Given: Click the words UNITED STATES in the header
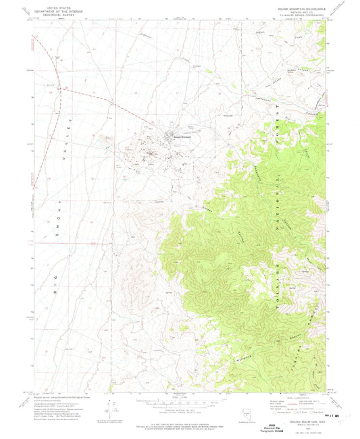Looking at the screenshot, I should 57,6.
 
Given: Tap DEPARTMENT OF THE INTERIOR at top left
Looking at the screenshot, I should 57,9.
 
